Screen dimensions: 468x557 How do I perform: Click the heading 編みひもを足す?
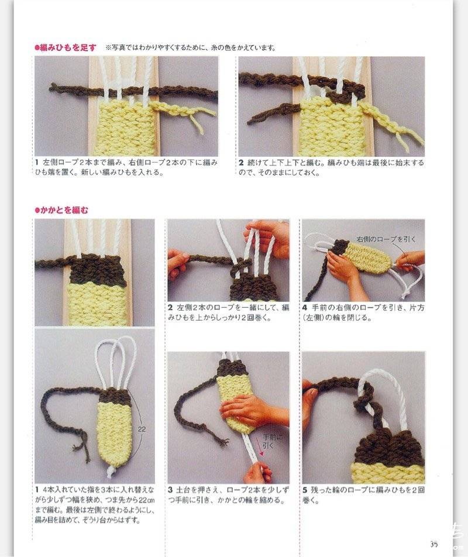point(66,47)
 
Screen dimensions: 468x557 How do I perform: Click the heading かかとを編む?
point(62,210)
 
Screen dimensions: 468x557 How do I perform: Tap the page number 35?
point(434,544)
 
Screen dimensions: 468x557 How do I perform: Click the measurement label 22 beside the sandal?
point(142,429)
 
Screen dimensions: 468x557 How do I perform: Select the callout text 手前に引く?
point(273,441)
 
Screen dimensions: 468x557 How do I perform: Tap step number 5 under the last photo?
point(305,490)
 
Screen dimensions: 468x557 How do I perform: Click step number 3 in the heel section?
point(170,490)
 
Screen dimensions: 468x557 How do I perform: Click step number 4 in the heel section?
point(305,308)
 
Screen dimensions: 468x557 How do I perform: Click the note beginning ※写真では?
point(191,47)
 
